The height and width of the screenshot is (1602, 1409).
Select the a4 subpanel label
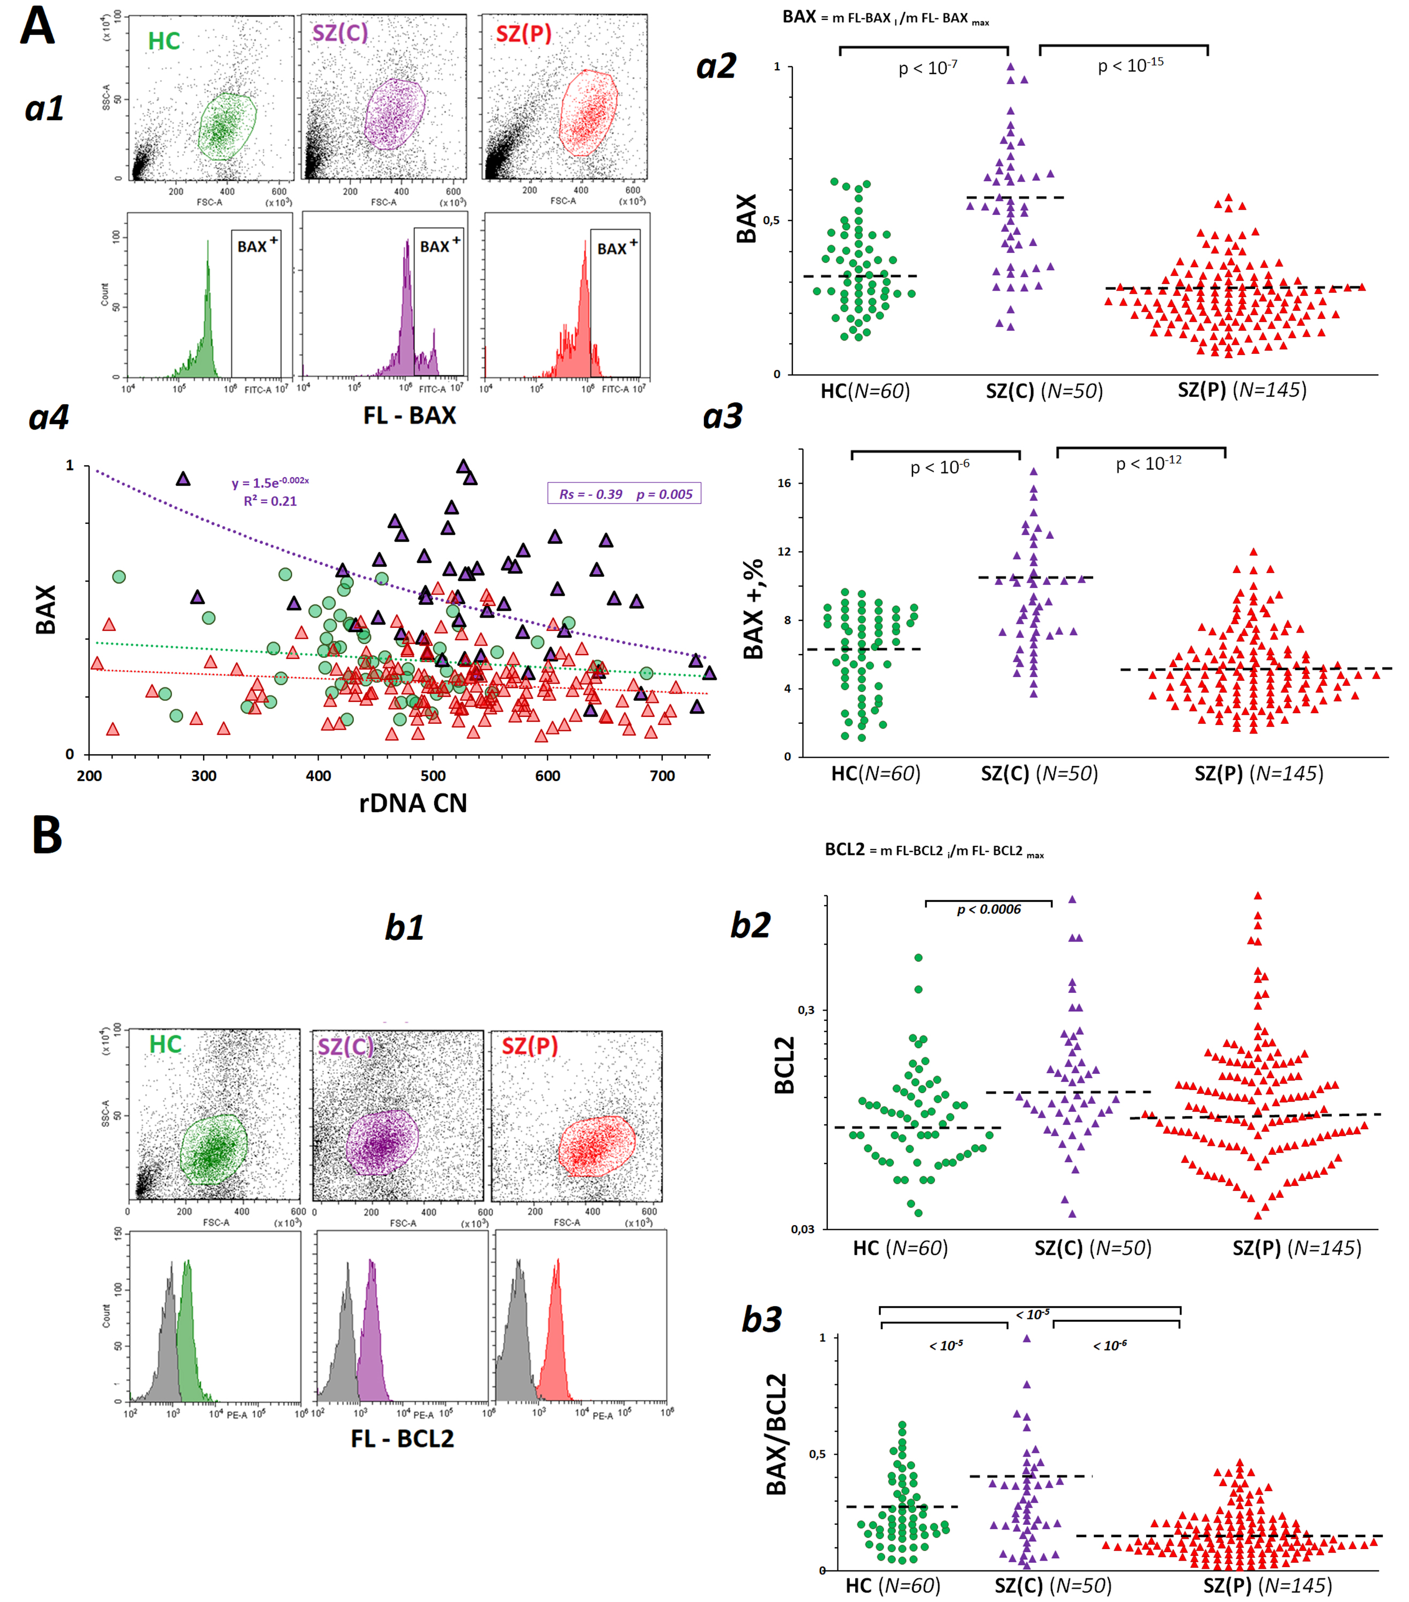(x=49, y=417)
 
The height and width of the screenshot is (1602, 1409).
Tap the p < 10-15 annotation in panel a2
(x=1130, y=65)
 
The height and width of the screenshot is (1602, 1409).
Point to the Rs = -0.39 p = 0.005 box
(x=625, y=494)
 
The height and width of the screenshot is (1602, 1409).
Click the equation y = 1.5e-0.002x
(x=270, y=482)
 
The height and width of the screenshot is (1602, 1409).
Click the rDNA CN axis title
(x=413, y=803)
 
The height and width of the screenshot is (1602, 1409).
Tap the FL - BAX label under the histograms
(x=409, y=416)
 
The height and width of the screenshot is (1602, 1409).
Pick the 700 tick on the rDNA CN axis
(x=662, y=776)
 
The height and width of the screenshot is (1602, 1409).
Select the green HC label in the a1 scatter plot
(x=164, y=41)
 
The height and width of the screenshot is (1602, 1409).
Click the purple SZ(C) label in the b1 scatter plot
(x=346, y=1047)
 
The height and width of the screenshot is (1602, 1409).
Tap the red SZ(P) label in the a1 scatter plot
(x=523, y=34)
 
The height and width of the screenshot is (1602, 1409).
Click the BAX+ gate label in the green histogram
(x=257, y=246)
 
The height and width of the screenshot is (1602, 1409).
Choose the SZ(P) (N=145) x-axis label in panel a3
(x=1258, y=774)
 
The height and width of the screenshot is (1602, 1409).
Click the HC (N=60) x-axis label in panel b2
(x=900, y=1248)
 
